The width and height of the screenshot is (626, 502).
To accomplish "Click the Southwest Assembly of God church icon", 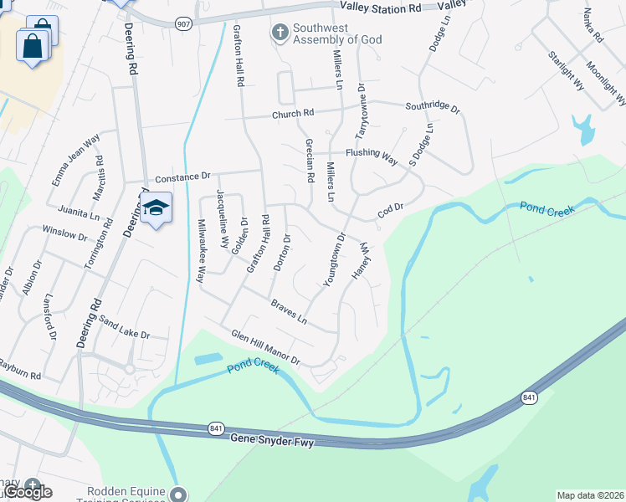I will [280, 33].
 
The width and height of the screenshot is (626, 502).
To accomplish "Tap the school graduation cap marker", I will [156, 207].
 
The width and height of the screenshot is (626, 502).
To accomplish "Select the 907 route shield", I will [183, 23].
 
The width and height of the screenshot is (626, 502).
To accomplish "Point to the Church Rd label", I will [291, 114].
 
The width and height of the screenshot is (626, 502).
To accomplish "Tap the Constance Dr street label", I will [182, 177].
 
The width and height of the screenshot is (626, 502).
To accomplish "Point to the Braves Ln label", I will [290, 312].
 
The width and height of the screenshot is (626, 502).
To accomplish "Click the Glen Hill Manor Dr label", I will [266, 347].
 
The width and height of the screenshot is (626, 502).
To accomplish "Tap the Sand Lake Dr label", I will [124, 327].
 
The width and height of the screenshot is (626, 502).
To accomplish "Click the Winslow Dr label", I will [64, 232].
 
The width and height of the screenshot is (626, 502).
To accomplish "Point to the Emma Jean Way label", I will [74, 159].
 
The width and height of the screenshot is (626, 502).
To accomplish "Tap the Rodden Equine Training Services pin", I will [177, 494].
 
